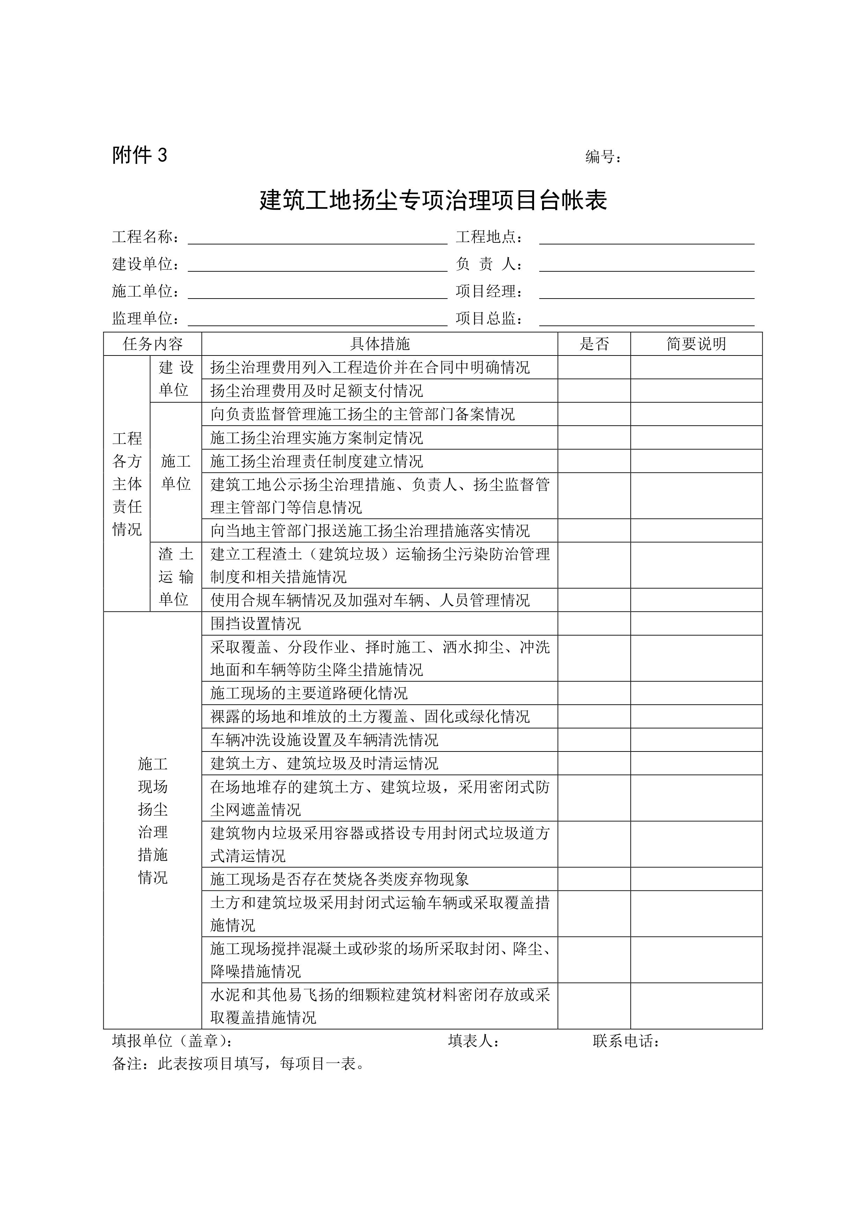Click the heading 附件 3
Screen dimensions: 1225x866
[x=139, y=155]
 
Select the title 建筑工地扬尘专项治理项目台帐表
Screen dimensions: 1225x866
[x=433, y=200]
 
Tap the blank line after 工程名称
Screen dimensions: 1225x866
[x=317, y=238]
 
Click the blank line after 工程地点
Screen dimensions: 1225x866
[x=646, y=238]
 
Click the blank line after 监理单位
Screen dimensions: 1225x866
[x=317, y=319]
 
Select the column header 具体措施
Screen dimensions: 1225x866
[x=380, y=344]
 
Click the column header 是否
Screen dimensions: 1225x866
[x=594, y=344]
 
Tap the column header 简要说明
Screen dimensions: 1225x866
[x=696, y=344]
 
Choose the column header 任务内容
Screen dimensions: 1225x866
[x=153, y=344]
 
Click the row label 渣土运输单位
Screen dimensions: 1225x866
[x=176, y=577]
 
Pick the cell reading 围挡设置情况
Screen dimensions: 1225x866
[x=256, y=623]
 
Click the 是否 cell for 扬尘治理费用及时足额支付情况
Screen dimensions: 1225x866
[x=594, y=390]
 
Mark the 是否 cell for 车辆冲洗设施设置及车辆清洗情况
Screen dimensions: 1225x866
[x=594, y=740]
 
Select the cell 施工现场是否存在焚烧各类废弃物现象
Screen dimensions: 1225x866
[x=340, y=879]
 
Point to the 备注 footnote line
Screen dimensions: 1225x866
[x=238, y=1064]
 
